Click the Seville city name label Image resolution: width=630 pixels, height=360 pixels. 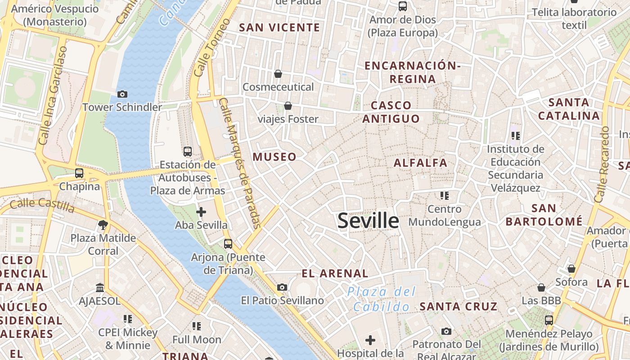point(368,220)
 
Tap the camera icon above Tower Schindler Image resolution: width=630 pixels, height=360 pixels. point(122,94)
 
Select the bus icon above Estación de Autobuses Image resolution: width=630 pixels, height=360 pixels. point(188,151)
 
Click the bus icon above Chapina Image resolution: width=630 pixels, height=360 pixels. point(79,173)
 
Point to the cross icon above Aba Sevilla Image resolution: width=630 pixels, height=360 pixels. point(201,211)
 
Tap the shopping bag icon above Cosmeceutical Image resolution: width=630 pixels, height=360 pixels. point(278,73)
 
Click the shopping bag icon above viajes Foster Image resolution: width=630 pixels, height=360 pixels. point(288,106)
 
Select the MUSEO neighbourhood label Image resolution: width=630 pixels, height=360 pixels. point(274,157)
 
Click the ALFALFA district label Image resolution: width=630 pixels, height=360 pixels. point(420,162)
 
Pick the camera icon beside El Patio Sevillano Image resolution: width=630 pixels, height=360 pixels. point(282,287)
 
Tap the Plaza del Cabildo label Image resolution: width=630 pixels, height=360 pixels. point(381,299)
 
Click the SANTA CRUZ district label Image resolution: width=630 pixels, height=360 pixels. point(459,306)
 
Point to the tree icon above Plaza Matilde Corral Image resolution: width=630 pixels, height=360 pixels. point(103,224)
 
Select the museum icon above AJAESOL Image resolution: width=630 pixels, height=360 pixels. point(100,287)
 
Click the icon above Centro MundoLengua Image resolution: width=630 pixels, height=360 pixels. point(445,196)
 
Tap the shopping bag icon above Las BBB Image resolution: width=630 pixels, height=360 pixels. point(541,287)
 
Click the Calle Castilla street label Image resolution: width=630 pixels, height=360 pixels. point(42,205)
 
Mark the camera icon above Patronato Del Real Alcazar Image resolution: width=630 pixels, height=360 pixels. point(446,331)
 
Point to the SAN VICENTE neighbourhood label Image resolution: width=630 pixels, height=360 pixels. point(279,27)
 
